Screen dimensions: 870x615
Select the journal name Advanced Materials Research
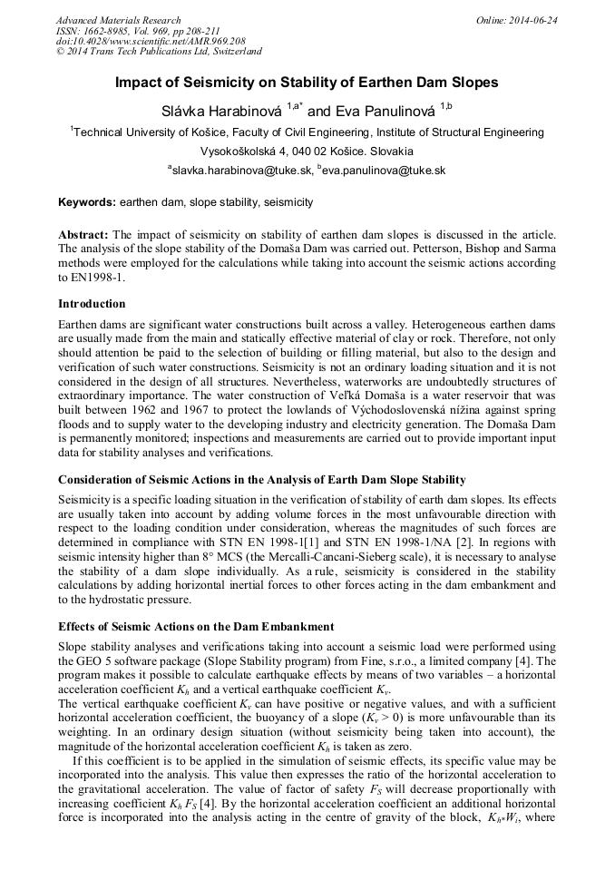pos(118,20)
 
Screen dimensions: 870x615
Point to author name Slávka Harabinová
pos(221,112)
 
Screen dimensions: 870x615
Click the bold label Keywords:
pos(87,202)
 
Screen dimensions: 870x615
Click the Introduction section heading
pos(92,304)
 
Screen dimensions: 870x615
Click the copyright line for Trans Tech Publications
pos(159,52)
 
